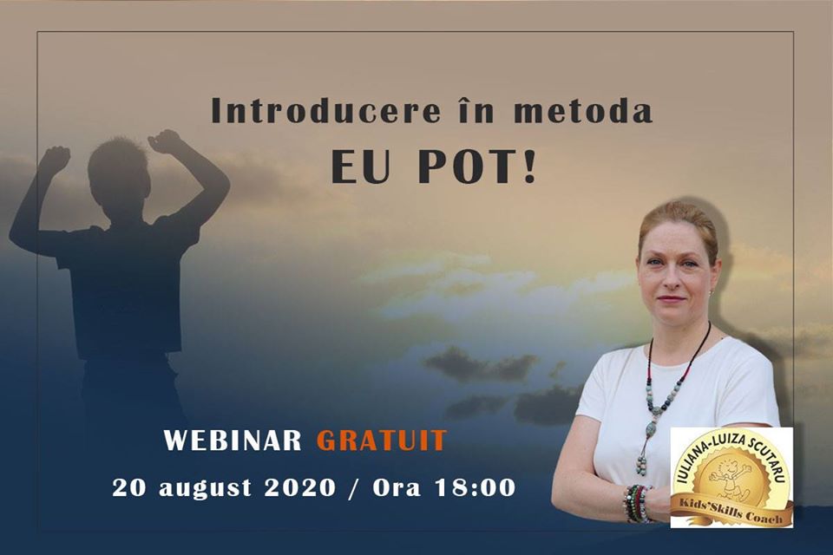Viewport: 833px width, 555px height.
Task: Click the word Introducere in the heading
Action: click(325, 110)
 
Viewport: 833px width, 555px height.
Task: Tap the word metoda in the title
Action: click(583, 110)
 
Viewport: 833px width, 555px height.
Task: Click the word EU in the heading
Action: click(361, 168)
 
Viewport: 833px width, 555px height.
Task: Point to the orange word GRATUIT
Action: click(382, 440)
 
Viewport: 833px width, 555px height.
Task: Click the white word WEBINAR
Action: click(233, 440)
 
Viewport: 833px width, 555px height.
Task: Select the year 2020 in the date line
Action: click(300, 487)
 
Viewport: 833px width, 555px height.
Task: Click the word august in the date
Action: click(205, 488)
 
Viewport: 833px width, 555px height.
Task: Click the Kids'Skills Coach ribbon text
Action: click(731, 509)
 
